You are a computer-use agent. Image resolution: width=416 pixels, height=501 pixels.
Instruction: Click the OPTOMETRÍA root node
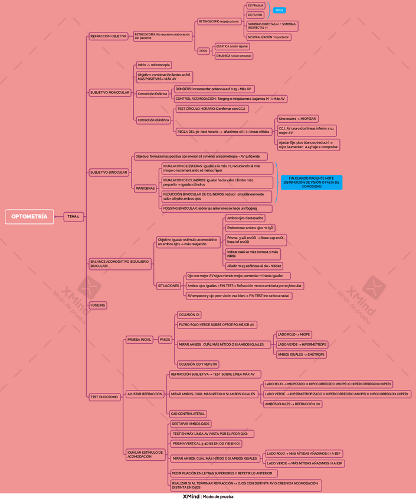pos(29,217)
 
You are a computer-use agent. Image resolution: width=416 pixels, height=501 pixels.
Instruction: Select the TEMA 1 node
pos(73,217)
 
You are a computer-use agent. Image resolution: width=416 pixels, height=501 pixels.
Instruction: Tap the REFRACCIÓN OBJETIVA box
pos(108,36)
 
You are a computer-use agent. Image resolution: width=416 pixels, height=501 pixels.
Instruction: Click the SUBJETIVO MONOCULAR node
pos(110,93)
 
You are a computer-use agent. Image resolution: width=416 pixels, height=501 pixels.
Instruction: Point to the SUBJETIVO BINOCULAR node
pos(109,173)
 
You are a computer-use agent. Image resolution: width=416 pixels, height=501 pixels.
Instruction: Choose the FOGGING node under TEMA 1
pos(98,305)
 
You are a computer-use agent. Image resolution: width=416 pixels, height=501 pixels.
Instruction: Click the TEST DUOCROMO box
pos(105,398)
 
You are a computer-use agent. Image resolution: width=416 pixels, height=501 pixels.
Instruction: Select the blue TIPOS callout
pos(279,10)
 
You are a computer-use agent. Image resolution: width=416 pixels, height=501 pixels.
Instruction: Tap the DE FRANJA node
pos(256,5)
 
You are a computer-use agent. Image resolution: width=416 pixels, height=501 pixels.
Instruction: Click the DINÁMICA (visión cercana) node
pos(234,56)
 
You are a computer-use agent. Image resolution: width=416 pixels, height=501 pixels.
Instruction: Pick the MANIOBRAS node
pos(145,188)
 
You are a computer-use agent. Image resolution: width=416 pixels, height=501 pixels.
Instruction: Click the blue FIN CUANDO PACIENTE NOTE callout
pos(312,182)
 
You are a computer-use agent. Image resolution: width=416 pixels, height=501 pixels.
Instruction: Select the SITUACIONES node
pos(168,286)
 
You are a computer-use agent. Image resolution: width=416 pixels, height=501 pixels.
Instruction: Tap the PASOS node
pos(165,340)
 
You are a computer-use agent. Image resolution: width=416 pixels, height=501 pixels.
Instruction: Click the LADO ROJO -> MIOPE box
pos(294,334)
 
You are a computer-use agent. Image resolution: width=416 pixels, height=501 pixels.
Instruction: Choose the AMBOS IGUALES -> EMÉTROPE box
pos(301,354)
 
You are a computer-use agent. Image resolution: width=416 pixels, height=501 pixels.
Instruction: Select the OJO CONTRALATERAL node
pos(188,414)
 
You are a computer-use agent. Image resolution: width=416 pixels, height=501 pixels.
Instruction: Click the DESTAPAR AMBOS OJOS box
pos(191,424)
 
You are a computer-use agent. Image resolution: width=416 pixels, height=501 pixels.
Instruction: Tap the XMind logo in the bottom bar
pos(191,497)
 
